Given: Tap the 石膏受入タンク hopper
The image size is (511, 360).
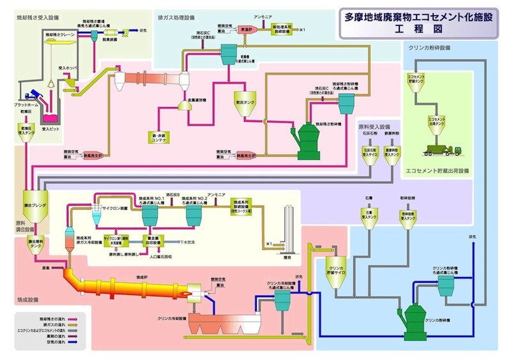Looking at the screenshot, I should tap(375, 218).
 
